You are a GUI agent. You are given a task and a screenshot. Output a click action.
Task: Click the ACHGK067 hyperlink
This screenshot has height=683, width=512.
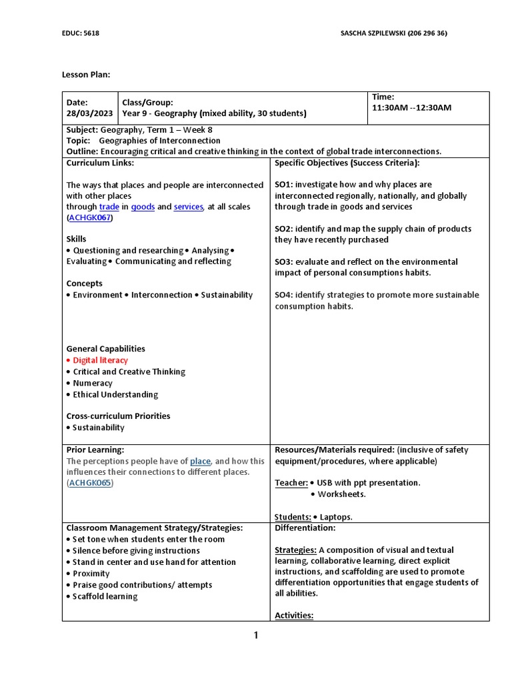tap(90, 218)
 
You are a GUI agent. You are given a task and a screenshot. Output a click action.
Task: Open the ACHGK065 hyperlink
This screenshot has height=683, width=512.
tap(90, 483)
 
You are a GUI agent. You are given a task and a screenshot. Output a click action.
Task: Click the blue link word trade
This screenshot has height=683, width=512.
tap(109, 207)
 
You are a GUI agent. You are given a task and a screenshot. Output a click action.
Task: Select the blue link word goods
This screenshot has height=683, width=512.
tap(143, 207)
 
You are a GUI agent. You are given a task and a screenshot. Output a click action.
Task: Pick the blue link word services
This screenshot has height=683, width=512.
tap(188, 207)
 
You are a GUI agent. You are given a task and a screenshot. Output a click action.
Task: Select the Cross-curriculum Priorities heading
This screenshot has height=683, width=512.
tap(118, 416)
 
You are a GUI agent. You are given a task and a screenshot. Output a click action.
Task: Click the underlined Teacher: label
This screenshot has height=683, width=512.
tap(291, 483)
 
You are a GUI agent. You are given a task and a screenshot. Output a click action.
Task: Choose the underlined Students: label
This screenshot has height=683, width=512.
tap(293, 517)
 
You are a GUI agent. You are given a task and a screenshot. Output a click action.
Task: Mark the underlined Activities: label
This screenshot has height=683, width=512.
tap(294, 616)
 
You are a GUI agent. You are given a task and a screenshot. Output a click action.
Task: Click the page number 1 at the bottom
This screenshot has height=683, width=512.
tap(255, 636)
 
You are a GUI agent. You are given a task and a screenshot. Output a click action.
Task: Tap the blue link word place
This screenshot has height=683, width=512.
tap(200, 461)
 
